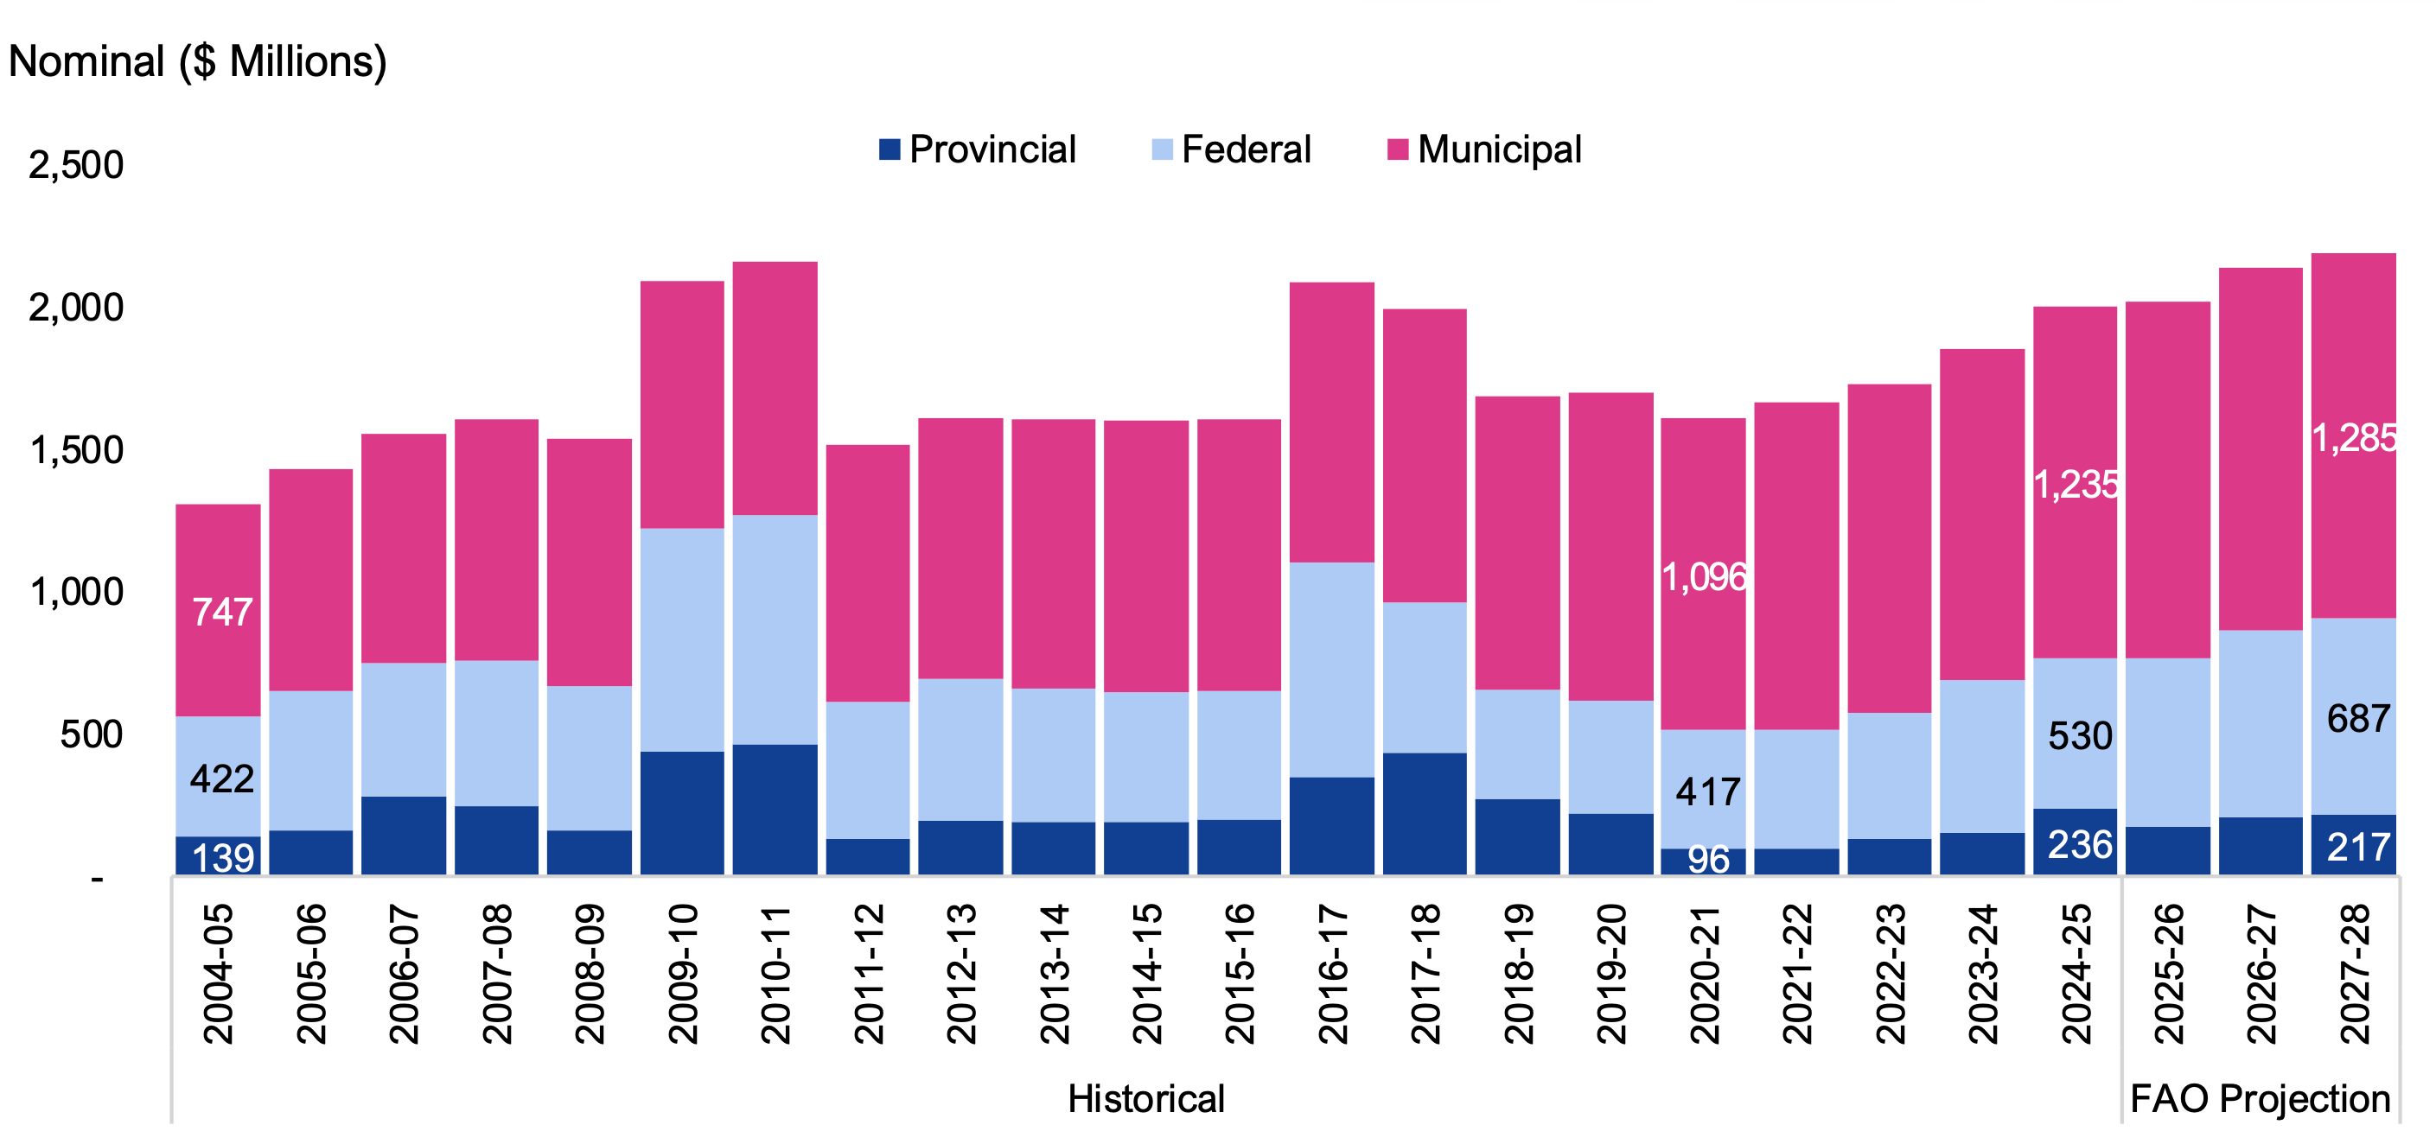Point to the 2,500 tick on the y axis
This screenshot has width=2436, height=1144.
pyautogui.click(x=77, y=164)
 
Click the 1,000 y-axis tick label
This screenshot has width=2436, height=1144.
pyautogui.click(x=77, y=592)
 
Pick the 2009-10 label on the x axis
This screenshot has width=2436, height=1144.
pyautogui.click(x=683, y=973)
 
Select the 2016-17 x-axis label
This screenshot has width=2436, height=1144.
pyautogui.click(x=1332, y=973)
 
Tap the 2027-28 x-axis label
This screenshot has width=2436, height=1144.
pyautogui.click(x=2355, y=973)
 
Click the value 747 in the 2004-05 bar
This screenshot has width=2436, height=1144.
pyautogui.click(x=222, y=613)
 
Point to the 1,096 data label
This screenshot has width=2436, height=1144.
pyautogui.click(x=1704, y=576)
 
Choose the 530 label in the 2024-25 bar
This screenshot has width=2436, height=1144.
pyautogui.click(x=2080, y=735)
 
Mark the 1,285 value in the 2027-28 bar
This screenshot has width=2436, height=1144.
pyautogui.click(x=2355, y=438)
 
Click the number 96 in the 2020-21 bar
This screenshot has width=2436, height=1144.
pyautogui.click(x=1708, y=860)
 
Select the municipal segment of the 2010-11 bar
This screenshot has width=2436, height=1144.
pyautogui.click(x=775, y=388)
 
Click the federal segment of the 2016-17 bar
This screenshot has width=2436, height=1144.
pyautogui.click(x=1331, y=670)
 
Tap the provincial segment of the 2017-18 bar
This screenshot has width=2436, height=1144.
pyautogui.click(x=1424, y=813)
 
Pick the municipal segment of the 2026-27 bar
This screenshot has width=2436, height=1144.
pyautogui.click(x=2261, y=449)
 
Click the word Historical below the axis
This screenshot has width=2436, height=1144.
pyautogui.click(x=1145, y=1098)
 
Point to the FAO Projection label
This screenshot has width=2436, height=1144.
pyautogui.click(x=2261, y=1098)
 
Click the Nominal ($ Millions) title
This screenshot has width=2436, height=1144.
pyautogui.click(x=198, y=61)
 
